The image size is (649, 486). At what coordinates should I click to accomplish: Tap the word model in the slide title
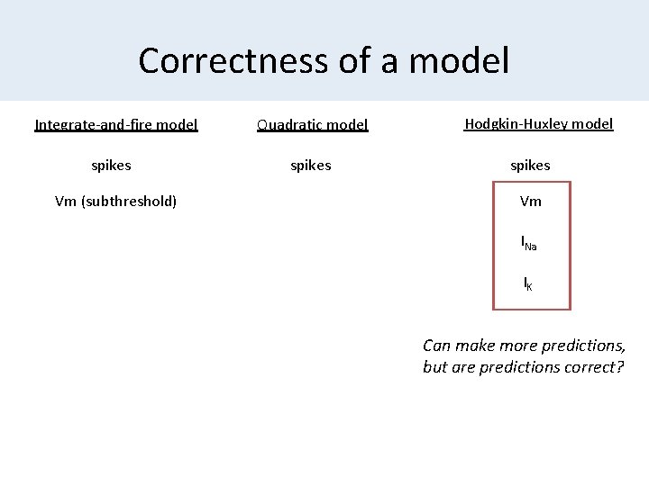pyautogui.click(x=459, y=61)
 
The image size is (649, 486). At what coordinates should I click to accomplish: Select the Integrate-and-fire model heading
pyautogui.click(x=116, y=124)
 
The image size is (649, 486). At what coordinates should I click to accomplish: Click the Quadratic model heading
pyautogui.click(x=312, y=125)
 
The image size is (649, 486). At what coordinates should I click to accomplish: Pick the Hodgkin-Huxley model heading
pyautogui.click(x=539, y=124)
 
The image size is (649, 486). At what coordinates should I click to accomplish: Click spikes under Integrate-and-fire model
pyautogui.click(x=112, y=165)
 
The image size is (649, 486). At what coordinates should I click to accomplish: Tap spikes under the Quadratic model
pyautogui.click(x=310, y=165)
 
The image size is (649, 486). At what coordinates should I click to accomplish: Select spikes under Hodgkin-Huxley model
pyautogui.click(x=530, y=165)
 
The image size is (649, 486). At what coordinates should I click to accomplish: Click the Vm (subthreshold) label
pyautogui.click(x=115, y=201)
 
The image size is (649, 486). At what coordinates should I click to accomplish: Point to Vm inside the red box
pyautogui.click(x=531, y=201)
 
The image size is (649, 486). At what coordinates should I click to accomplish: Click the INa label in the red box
pyautogui.click(x=529, y=242)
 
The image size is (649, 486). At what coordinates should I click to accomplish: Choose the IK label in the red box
pyautogui.click(x=528, y=283)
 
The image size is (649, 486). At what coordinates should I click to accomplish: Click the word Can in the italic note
pyautogui.click(x=437, y=346)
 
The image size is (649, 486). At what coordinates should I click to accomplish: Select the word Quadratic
pyautogui.click(x=289, y=125)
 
